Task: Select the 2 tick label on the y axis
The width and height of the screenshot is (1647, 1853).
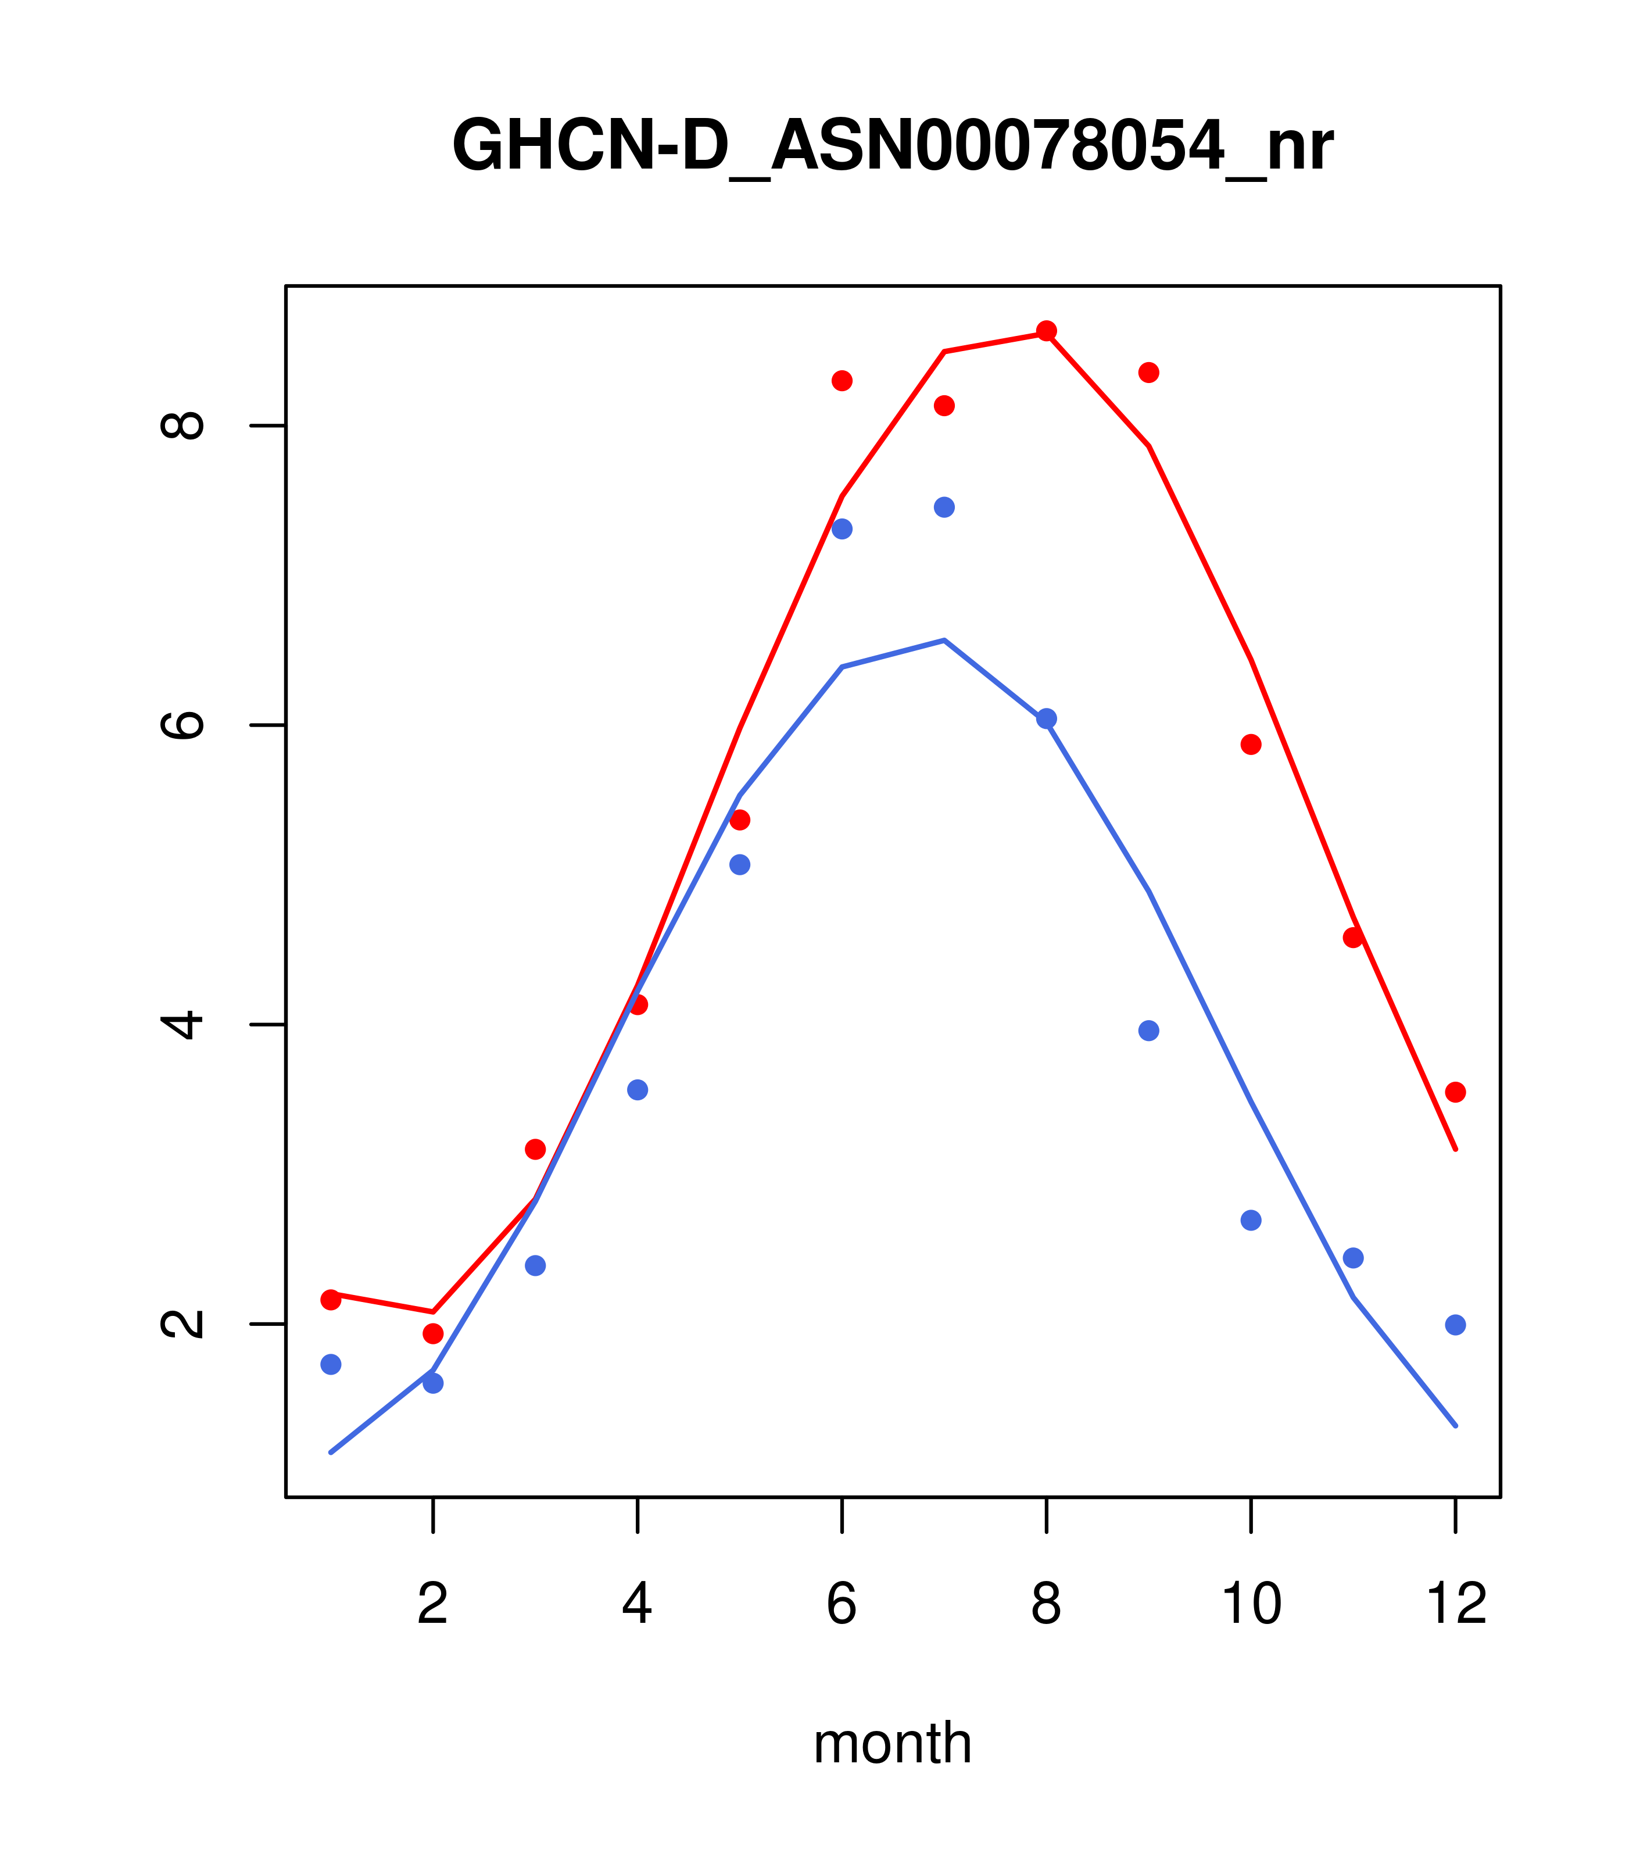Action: coord(181,1323)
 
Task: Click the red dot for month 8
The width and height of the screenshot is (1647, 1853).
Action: coord(1046,331)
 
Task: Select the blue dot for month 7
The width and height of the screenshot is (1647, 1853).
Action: coord(944,507)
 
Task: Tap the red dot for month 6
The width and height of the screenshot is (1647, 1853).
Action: coord(842,381)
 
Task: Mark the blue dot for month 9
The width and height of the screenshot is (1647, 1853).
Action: coord(1148,1031)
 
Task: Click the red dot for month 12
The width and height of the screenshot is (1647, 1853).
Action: coord(1456,1092)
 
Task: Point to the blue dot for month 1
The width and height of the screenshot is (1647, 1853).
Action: coord(331,1364)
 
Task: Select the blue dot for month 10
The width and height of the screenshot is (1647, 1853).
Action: coord(1251,1220)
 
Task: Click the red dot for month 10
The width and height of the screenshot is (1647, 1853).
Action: coord(1251,745)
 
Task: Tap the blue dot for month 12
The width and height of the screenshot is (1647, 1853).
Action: coord(1456,1325)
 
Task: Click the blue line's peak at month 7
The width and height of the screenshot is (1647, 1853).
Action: coord(944,640)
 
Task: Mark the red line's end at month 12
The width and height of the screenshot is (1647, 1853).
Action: coord(1456,1150)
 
